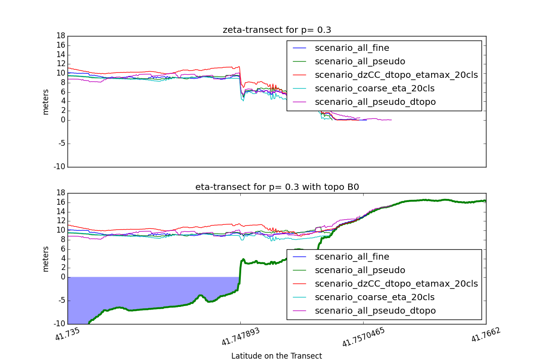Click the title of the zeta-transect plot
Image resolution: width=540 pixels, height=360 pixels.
pyautogui.click(x=277, y=30)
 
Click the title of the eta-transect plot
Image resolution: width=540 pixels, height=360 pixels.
pyautogui.click(x=277, y=187)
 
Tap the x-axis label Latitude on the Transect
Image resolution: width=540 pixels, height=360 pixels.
pyautogui.click(x=276, y=356)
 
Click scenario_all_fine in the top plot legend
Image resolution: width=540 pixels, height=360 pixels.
pyautogui.click(x=352, y=48)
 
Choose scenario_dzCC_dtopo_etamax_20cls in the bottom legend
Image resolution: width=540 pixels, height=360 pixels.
pyautogui.click(x=396, y=283)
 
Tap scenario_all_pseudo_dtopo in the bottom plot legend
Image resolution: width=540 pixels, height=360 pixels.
pyautogui.click(x=375, y=310)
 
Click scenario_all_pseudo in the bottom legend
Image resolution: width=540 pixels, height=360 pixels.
pyautogui.click(x=360, y=270)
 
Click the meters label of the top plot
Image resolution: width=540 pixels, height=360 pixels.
pyautogui.click(x=45, y=102)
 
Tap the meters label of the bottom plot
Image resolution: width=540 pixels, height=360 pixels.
pyautogui.click(x=45, y=259)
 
